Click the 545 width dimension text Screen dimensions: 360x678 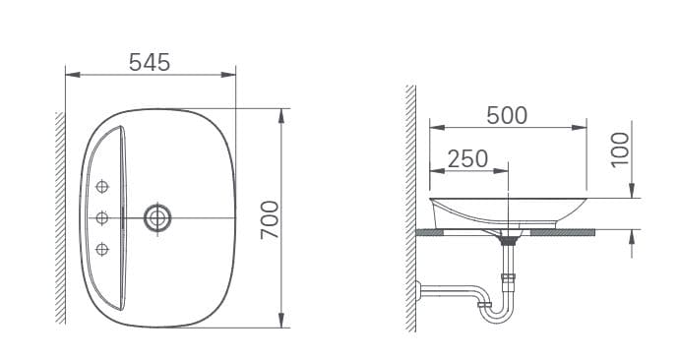point(150,61)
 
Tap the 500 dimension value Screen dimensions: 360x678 point(507,115)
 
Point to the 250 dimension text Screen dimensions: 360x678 point(468,159)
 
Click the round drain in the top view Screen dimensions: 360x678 point(155,216)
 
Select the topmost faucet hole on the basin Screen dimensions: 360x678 point(102,187)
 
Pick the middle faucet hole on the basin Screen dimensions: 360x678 point(102,216)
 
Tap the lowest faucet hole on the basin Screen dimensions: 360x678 point(102,247)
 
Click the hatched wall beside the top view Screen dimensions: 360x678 point(60,216)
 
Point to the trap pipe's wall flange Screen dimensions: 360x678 point(419,291)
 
